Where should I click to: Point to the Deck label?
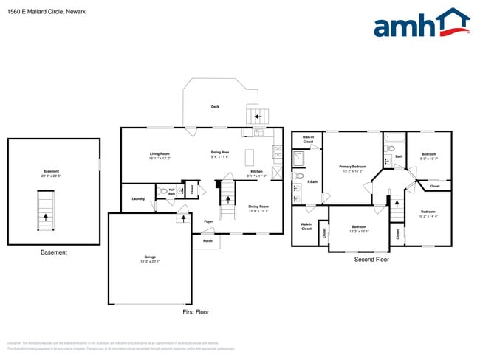coord(215,107)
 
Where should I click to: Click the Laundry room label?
coord(138,199)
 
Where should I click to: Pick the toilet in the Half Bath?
coord(164,191)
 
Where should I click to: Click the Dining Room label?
coord(258,207)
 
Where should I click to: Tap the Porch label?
coord(208,240)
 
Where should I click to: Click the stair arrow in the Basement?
coord(46,217)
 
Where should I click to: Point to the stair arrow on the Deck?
coord(258,116)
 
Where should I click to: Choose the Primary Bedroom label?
coord(352,167)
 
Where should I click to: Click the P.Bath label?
coord(312,181)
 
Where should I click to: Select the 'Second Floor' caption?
coord(371,260)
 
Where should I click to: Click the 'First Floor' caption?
coord(196,312)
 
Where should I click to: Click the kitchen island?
coord(250,157)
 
